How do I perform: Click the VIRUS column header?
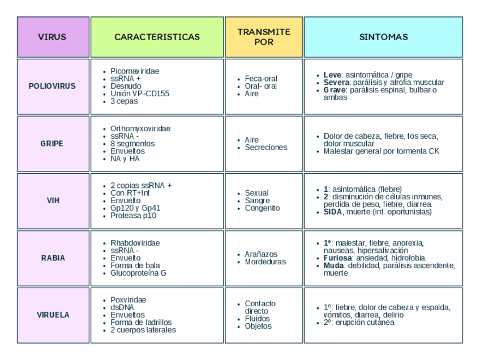click(x=53, y=37)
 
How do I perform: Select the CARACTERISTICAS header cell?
click(x=157, y=37)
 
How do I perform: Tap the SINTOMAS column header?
click(x=383, y=37)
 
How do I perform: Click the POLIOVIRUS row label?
click(x=52, y=87)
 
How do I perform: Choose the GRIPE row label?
click(x=52, y=144)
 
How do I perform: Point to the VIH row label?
click(x=52, y=201)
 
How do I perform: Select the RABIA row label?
click(x=52, y=258)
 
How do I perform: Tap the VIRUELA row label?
click(x=52, y=315)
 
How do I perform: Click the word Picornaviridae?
click(x=135, y=71)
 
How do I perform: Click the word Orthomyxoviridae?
click(x=140, y=128)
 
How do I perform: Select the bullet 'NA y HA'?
click(x=125, y=158)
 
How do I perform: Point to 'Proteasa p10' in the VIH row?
click(x=133, y=216)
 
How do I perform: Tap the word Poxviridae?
click(x=128, y=300)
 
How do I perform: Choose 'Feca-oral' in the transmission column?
click(x=261, y=79)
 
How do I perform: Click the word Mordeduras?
click(x=265, y=262)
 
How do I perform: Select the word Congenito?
click(x=262, y=208)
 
